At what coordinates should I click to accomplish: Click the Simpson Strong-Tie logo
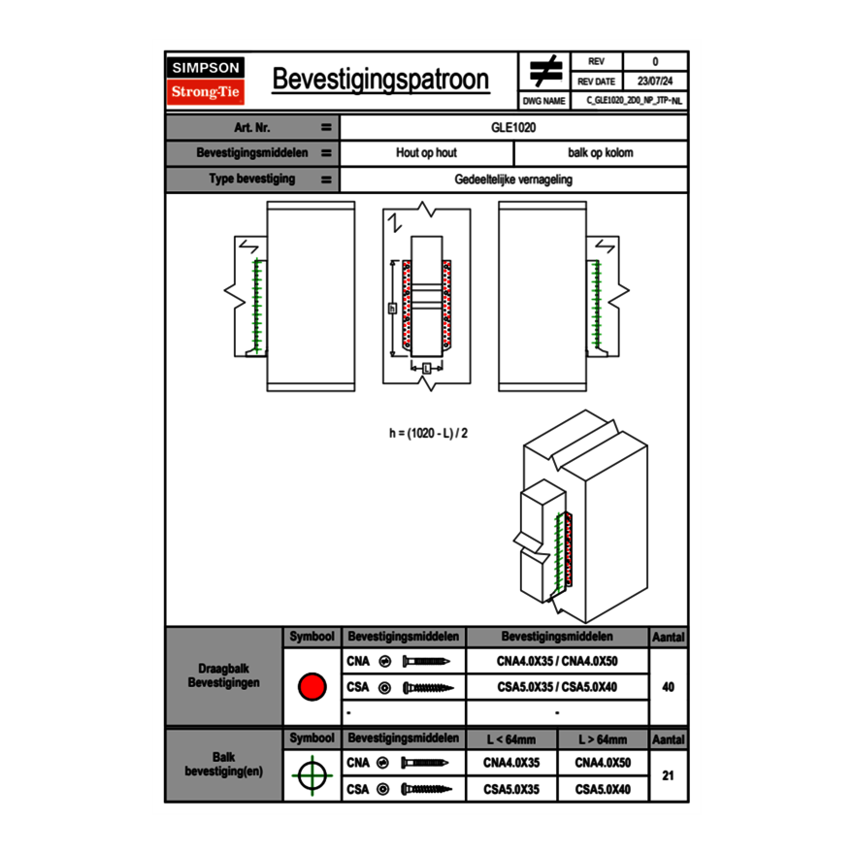[x=206, y=81]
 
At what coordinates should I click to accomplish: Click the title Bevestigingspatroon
[x=380, y=80]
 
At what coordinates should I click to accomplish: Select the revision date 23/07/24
[x=655, y=82]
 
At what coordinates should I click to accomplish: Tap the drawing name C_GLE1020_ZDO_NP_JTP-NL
[x=634, y=100]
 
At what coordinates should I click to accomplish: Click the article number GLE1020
[x=513, y=127]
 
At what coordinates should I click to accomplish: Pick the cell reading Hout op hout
[x=426, y=153]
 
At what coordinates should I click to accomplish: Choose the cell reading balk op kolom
[x=600, y=153]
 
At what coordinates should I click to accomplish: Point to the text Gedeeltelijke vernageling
[x=513, y=180]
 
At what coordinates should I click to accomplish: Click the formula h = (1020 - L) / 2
[x=428, y=433]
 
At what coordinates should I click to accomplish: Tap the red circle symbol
[x=312, y=687]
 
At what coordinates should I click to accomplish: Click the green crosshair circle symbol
[x=312, y=776]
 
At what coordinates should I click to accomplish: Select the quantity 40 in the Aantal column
[x=668, y=687]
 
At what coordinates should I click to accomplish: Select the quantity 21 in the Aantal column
[x=668, y=776]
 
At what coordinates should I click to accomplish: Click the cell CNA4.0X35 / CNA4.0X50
[x=557, y=662]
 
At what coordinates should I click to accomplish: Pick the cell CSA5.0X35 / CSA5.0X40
[x=557, y=687]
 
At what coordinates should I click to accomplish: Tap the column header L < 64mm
[x=510, y=740]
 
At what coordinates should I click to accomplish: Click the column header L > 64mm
[x=602, y=740]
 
